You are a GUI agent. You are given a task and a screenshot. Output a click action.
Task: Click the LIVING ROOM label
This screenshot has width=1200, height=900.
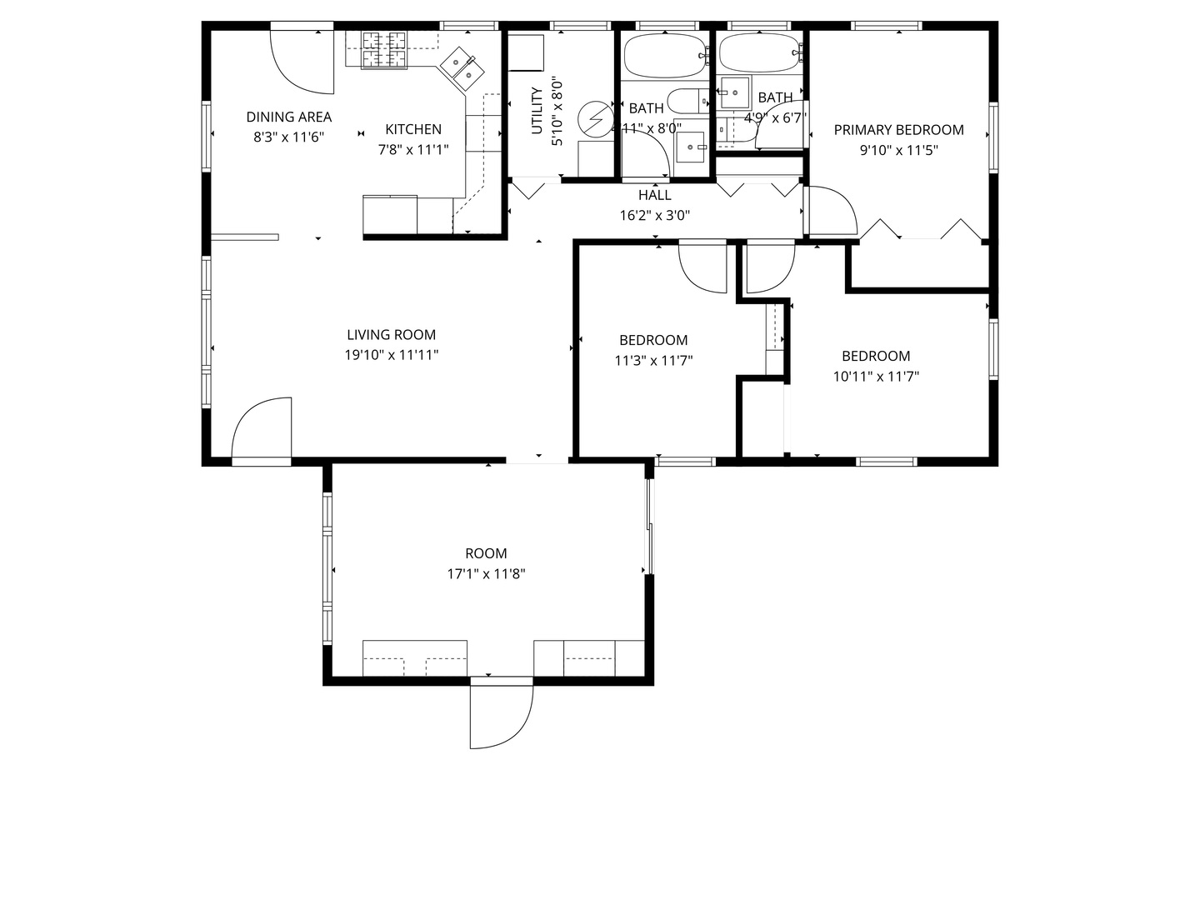tap(391, 335)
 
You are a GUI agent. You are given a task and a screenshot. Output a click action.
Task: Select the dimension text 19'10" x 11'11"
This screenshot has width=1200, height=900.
tap(391, 355)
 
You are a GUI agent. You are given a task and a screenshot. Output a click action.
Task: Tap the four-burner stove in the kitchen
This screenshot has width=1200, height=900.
tap(383, 49)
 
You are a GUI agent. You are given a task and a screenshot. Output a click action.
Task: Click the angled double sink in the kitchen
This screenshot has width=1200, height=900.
tap(459, 67)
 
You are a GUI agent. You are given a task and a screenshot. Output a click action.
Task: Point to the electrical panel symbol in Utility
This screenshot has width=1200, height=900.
tap(595, 118)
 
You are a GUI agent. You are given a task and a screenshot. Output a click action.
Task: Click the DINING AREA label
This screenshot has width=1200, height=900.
tap(288, 117)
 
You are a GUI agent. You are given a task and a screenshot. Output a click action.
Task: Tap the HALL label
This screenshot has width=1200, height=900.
tap(654, 195)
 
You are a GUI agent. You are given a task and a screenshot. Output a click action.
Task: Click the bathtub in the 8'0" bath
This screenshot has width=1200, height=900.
tap(664, 56)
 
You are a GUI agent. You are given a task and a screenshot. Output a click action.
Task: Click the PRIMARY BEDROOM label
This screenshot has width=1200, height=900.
tap(898, 130)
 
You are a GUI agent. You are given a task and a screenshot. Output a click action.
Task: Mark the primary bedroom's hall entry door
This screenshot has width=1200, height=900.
tap(830, 211)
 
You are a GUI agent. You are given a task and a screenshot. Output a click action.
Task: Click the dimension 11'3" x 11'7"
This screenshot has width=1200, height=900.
tap(653, 361)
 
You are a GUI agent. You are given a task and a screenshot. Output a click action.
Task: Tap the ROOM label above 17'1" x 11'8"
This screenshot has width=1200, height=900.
tap(486, 553)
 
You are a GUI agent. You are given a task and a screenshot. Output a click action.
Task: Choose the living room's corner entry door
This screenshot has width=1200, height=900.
tap(262, 428)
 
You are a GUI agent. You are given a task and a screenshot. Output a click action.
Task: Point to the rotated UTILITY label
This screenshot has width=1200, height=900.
tap(537, 111)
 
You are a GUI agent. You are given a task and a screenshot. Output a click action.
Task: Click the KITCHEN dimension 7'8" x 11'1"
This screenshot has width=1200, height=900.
tap(413, 150)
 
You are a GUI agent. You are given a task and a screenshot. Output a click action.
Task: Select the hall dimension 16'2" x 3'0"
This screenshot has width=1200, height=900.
tap(654, 215)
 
